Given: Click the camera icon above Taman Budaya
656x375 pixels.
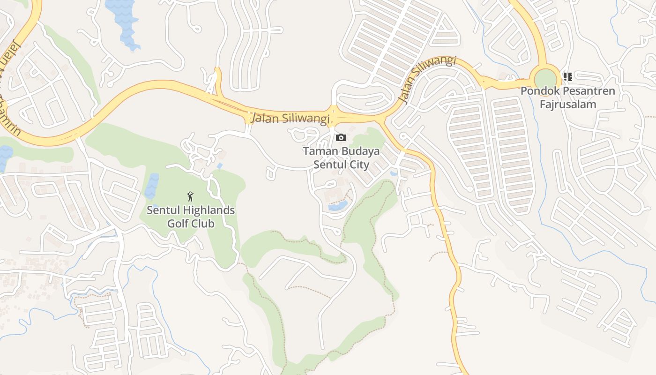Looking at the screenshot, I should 341,137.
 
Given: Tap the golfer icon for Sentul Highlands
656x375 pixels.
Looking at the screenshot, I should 190,196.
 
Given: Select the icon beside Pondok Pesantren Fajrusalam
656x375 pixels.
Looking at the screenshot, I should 567,77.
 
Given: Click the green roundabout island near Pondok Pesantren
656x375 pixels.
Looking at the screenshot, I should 545,79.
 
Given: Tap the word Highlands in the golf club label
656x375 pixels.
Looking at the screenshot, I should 209,210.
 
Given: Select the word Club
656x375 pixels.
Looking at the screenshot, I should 202,223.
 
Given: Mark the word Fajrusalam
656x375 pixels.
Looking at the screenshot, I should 568,104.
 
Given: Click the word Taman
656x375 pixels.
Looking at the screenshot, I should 320,151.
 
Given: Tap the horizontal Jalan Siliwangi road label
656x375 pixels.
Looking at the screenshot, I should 291,118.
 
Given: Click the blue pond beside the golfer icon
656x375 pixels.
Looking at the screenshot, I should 152,186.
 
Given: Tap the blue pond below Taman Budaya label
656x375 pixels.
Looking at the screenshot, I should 337,206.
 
